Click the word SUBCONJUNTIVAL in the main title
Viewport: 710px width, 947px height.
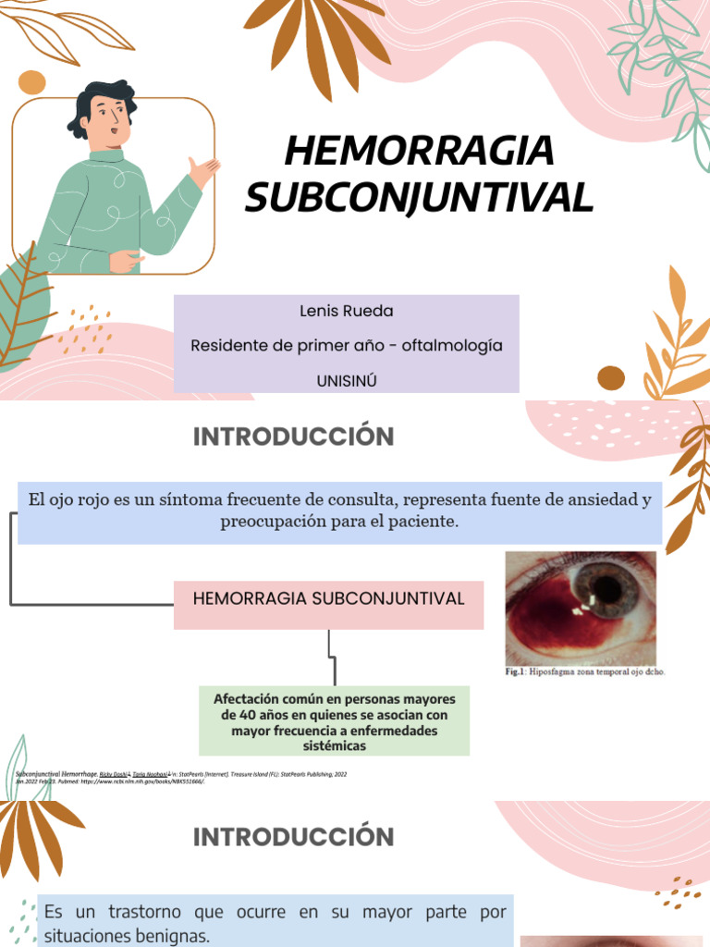419,197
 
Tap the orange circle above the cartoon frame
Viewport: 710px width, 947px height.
31,82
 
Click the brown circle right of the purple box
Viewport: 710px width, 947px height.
611,377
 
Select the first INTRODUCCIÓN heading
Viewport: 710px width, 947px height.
293,437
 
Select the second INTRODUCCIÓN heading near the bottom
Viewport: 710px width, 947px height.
293,837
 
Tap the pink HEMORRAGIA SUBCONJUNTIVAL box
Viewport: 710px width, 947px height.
328,599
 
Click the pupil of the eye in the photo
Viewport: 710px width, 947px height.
606,587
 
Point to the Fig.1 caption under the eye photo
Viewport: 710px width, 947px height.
584,672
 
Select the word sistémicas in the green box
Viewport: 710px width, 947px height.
334,745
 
